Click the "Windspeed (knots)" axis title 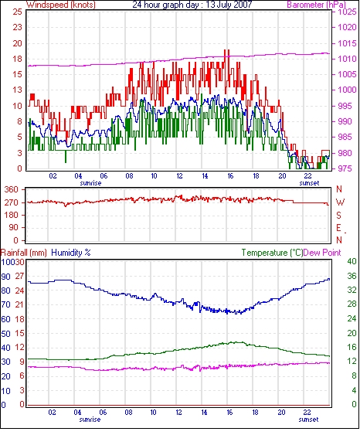(x=61, y=5)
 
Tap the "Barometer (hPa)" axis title (x=317, y=5)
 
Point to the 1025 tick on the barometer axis (x=347, y=12)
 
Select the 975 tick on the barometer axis (x=346, y=168)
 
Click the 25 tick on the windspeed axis (x=17, y=12)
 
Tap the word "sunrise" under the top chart (x=90, y=183)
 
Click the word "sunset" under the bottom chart (x=308, y=420)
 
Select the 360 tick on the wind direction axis (x=12, y=190)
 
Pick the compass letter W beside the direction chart (x=341, y=202)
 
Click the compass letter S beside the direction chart (x=338, y=215)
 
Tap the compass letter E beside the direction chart (x=338, y=228)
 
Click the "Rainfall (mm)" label (x=24, y=253)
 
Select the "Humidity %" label (x=71, y=253)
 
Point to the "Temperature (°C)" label (x=272, y=253)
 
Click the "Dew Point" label (x=322, y=253)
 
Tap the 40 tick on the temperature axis (x=352, y=261)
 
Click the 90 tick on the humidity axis (x=5, y=277)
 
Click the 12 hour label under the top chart (x=179, y=176)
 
